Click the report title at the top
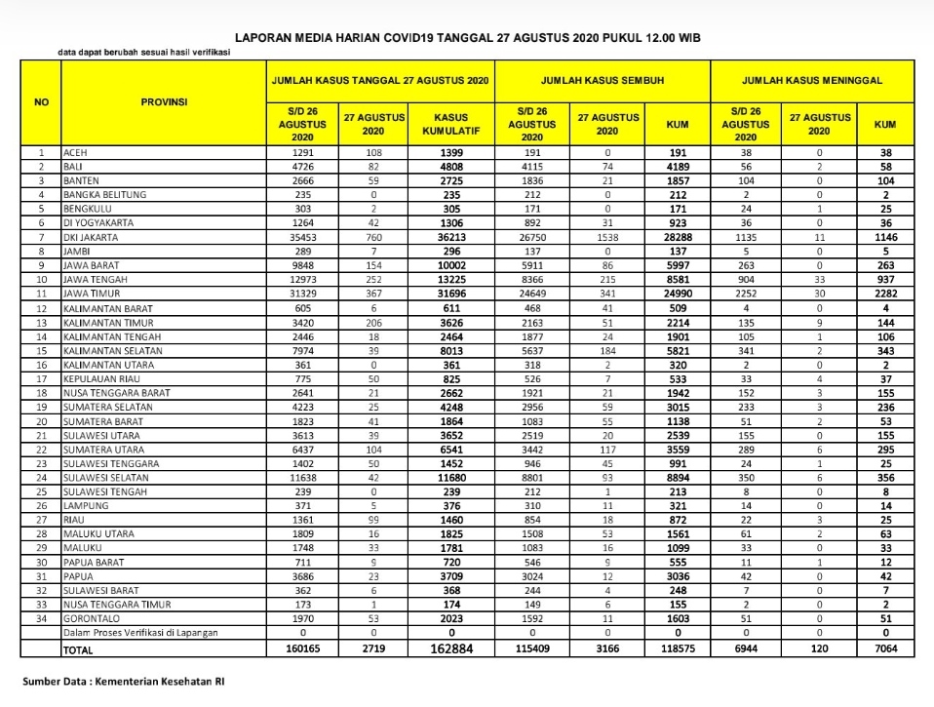pyautogui.click(x=467, y=37)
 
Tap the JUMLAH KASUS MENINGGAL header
pyautogui.click(x=813, y=80)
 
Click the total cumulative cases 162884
pyautogui.click(x=450, y=648)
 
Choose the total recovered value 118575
pyautogui.click(x=678, y=648)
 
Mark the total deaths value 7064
pyautogui.click(x=885, y=648)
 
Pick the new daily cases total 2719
pyautogui.click(x=372, y=648)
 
